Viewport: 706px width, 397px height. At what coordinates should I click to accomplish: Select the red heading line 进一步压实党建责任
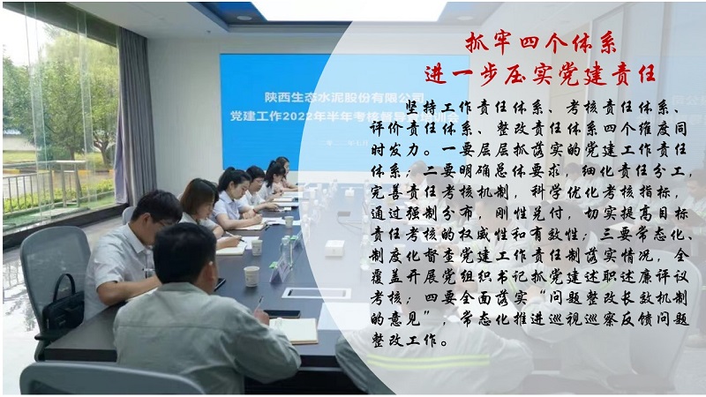tap(540, 74)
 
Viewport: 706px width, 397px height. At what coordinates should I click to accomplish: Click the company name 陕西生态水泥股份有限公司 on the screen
tap(344, 97)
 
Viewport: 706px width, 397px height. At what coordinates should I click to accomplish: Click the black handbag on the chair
tap(63, 303)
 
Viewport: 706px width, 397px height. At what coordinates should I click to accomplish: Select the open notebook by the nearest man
tap(295, 330)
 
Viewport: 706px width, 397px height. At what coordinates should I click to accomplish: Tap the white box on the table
tap(334, 249)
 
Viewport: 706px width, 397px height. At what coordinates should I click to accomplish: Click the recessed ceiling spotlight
tap(244, 18)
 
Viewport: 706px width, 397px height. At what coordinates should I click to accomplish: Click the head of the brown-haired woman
tap(199, 196)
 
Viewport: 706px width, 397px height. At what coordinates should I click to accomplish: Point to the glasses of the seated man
tap(165, 222)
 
